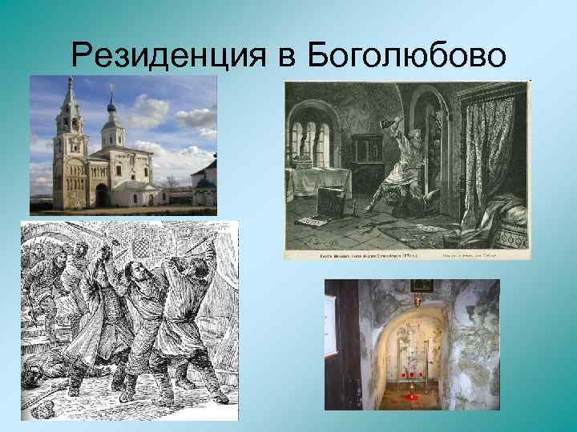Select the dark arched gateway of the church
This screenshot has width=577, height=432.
tap(101, 194)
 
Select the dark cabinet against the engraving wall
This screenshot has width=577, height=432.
tap(368, 152)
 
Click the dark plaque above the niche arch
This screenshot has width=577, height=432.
tap(418, 286)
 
